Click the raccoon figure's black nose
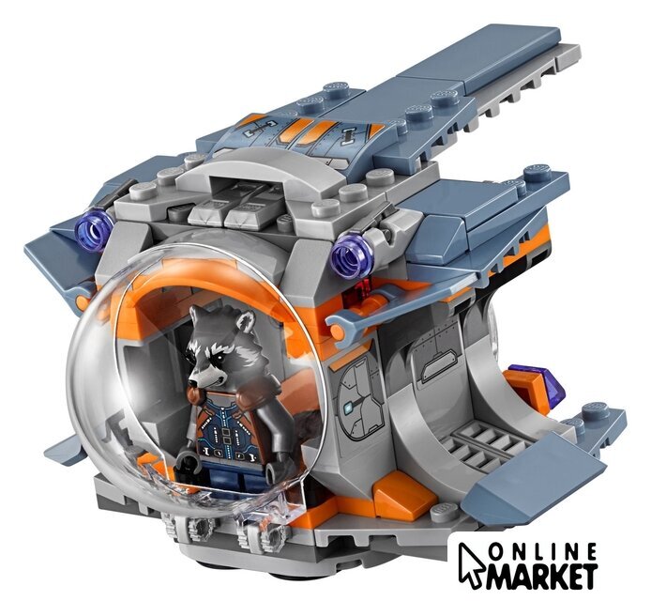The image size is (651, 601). (x=191, y=383)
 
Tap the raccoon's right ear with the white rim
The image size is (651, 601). (x=244, y=320)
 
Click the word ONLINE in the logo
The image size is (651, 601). (x=542, y=552)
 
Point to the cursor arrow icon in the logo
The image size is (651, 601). (x=470, y=563)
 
